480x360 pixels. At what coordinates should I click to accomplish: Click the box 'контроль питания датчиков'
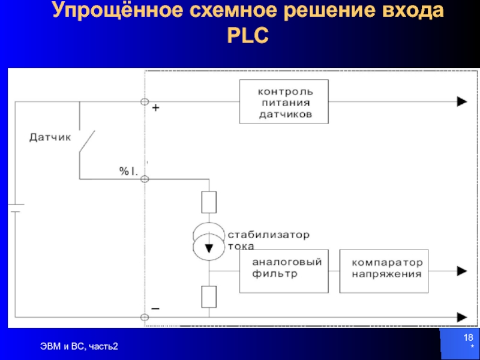(x=284, y=102)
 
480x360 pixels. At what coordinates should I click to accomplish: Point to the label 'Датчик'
(x=50, y=137)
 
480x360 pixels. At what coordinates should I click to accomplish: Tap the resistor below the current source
(x=209, y=296)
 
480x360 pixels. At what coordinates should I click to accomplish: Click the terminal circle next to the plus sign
(x=145, y=103)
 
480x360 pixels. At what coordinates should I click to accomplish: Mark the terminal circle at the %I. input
(x=145, y=178)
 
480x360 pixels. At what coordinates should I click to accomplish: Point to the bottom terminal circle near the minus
(x=145, y=316)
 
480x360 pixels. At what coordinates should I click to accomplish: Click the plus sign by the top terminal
(x=155, y=109)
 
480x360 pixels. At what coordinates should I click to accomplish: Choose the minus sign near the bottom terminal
(x=155, y=307)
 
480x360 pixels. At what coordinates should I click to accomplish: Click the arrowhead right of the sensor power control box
(x=461, y=102)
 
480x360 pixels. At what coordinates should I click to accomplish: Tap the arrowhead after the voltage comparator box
(x=461, y=271)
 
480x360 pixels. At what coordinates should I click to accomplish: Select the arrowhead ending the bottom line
(x=461, y=316)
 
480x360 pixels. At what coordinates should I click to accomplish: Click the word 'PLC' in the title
(x=248, y=37)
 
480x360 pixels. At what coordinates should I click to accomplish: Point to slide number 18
(x=467, y=339)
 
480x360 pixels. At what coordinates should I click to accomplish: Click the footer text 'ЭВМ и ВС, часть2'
(x=79, y=346)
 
